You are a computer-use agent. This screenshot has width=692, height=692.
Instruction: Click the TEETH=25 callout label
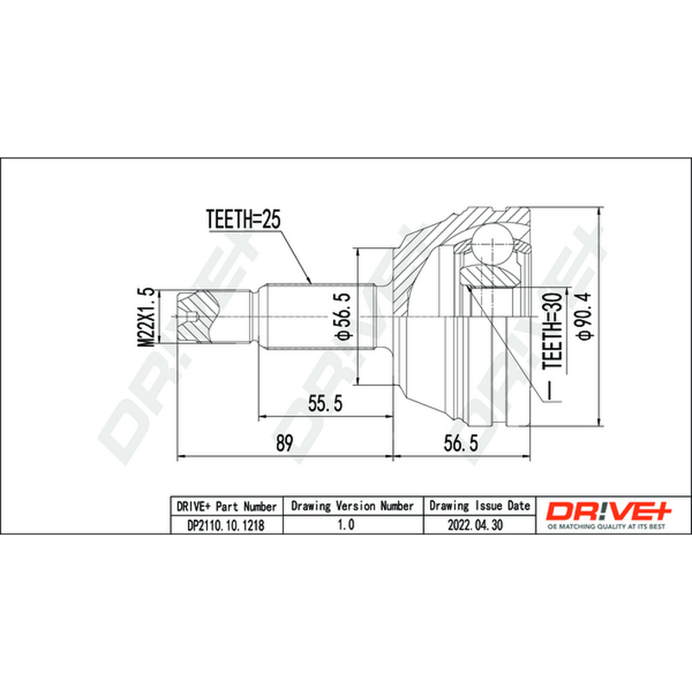pyautogui.click(x=243, y=219)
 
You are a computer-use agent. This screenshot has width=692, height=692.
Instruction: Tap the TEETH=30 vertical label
pyautogui.click(x=553, y=332)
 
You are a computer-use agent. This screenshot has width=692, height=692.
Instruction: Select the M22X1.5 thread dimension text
pyautogui.click(x=146, y=317)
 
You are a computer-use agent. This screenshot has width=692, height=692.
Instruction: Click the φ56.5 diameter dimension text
pyautogui.click(x=343, y=316)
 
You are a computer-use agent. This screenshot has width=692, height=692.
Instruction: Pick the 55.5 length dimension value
pyautogui.click(x=325, y=403)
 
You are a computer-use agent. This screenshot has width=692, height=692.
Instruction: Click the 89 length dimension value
pyautogui.click(x=285, y=443)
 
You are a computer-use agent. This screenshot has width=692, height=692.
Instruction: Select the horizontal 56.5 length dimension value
pyautogui.click(x=461, y=443)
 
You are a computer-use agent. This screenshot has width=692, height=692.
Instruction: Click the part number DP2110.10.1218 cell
pyautogui.click(x=227, y=525)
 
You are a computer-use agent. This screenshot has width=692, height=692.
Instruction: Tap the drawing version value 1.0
pyautogui.click(x=346, y=524)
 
